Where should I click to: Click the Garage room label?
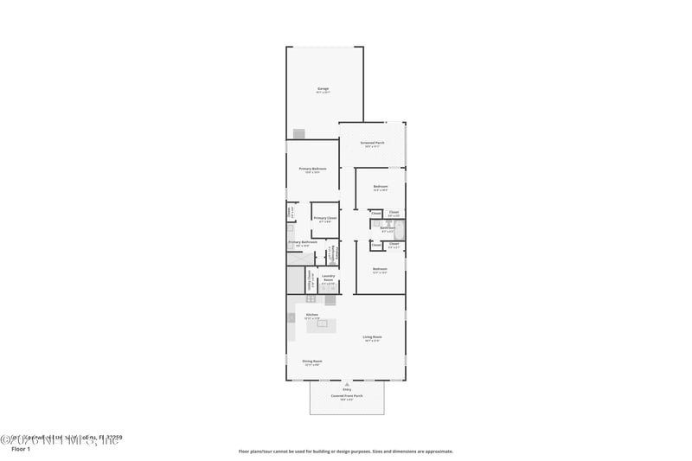(323, 89)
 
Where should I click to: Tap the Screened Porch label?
(372, 143)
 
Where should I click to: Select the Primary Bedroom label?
(312, 170)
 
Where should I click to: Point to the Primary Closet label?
(324, 219)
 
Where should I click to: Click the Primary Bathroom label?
(303, 243)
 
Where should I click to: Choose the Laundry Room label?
(328, 279)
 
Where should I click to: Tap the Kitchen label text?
(311, 315)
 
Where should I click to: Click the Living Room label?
(372, 337)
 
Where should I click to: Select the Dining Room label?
(312, 362)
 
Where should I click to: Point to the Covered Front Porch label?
(346, 396)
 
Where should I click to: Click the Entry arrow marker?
(347, 382)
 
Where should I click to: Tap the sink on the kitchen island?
(322, 323)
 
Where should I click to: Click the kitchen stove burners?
(330, 300)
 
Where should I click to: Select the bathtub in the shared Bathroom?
(401, 229)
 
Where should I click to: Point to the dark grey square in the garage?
(299, 134)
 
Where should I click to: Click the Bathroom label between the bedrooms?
(387, 228)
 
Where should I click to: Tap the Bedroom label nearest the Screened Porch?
(380, 187)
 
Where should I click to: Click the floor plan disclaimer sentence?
(345, 451)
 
